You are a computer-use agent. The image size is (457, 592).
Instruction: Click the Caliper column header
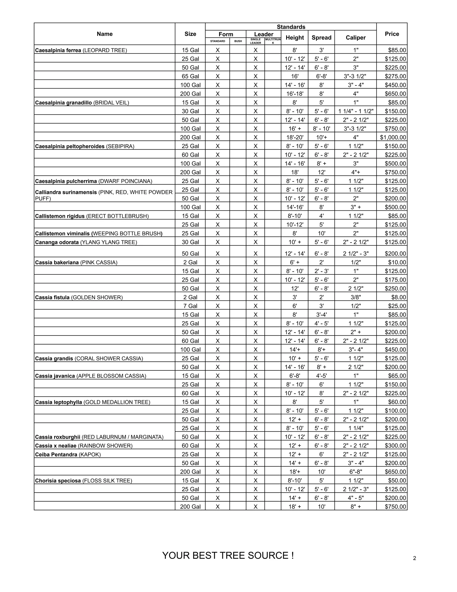[x=355, y=38]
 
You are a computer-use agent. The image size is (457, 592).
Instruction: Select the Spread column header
[x=321, y=38]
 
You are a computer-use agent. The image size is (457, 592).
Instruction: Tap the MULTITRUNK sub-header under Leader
[x=273, y=41]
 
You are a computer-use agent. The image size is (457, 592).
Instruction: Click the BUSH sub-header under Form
[x=238, y=41]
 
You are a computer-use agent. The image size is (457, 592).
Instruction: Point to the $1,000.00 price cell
[x=393, y=137]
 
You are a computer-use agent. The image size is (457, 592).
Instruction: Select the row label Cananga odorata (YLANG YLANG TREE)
[x=86, y=242]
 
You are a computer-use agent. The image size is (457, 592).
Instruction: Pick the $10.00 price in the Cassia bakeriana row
[x=397, y=262]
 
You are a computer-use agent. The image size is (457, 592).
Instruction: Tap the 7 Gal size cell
[x=190, y=306]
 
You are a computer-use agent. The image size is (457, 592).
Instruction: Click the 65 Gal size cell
[x=190, y=76]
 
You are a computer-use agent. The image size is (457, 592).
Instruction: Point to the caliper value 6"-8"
[x=355, y=472]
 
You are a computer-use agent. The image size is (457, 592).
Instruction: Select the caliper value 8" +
[x=355, y=507]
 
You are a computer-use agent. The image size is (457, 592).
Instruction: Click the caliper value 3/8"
[x=355, y=297]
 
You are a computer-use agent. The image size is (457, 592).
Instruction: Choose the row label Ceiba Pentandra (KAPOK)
[x=68, y=455]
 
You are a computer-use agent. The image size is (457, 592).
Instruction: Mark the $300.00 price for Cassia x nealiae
[x=395, y=446]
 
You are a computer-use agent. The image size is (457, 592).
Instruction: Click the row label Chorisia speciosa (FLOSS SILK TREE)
[x=83, y=481]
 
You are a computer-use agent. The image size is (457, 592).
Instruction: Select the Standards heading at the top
[x=291, y=27]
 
